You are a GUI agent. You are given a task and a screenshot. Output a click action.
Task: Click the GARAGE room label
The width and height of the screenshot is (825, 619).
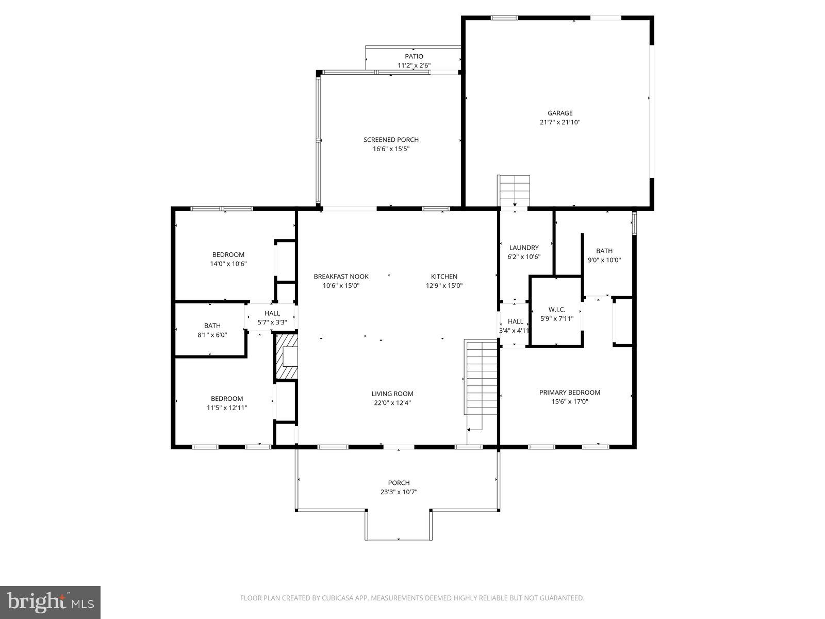559,113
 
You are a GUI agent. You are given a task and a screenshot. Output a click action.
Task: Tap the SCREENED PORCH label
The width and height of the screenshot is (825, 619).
391,139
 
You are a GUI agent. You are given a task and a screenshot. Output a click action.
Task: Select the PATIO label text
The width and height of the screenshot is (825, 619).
414,56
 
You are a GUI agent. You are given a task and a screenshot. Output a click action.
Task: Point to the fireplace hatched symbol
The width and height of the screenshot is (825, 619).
287,356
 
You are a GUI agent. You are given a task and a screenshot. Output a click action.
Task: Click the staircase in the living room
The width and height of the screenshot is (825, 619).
481,377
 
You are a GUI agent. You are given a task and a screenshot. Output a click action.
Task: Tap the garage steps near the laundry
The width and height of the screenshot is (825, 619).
514,190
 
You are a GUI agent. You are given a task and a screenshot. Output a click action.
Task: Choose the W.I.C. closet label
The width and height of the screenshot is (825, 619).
557,309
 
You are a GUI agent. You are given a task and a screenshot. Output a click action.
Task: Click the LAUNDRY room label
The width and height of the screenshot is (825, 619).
524,247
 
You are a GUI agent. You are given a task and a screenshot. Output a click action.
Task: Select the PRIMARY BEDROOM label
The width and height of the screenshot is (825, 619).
569,393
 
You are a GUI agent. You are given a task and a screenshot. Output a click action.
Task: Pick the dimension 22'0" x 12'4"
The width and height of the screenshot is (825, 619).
392,403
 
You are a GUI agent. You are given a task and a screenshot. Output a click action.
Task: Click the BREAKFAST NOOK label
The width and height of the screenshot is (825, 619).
341,276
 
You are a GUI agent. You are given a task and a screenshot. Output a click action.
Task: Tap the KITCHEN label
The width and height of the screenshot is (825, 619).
444,276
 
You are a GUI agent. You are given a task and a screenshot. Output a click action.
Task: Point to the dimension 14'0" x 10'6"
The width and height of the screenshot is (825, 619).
228,264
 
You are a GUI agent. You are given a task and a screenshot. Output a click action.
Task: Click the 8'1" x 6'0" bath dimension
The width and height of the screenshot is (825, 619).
212,335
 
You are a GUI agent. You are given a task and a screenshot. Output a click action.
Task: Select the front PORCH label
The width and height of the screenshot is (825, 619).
399,483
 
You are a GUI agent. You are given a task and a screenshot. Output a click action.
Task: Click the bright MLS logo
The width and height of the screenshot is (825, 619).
50,602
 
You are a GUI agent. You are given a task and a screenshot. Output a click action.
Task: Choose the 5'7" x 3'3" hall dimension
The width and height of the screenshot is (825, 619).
272,322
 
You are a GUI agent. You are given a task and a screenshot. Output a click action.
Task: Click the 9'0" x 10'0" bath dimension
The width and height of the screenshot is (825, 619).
604,260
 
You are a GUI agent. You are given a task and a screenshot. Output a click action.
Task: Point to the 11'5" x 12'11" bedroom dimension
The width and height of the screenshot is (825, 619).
227,408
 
